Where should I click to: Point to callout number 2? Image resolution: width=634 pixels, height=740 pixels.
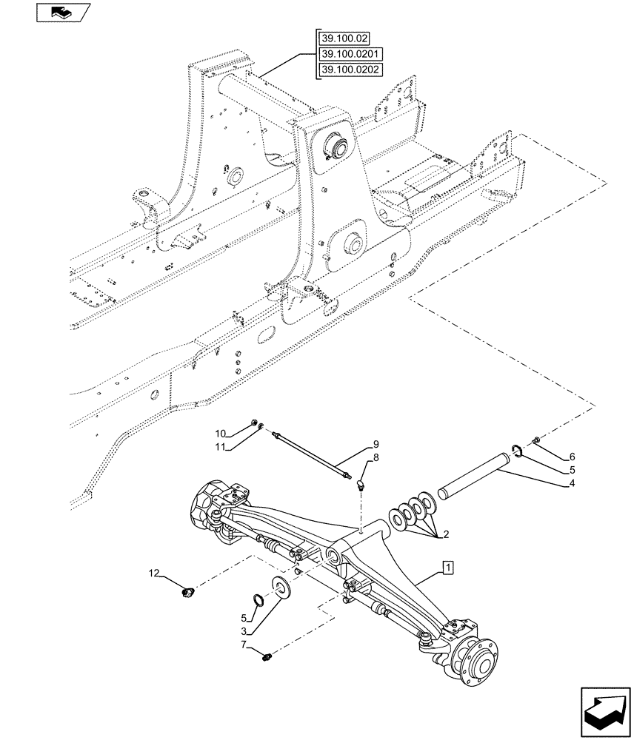pyautogui.click(x=445, y=534)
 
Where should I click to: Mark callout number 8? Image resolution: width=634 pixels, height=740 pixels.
pyautogui.click(x=376, y=459)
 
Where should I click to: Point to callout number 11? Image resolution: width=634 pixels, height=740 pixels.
pyautogui.click(x=221, y=448)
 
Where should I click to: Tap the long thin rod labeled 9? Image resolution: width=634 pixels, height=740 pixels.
pyautogui.click(x=312, y=456)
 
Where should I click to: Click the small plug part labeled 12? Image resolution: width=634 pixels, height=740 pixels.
pyautogui.click(x=189, y=591)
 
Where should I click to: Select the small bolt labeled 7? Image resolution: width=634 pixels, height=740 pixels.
pyautogui.click(x=269, y=653)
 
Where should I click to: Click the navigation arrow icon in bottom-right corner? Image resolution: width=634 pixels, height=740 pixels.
pyautogui.click(x=601, y=710)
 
